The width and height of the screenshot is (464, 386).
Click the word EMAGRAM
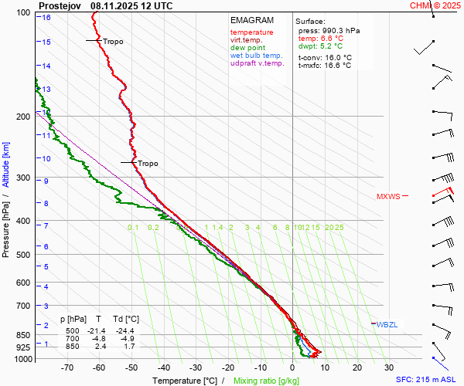[252, 20]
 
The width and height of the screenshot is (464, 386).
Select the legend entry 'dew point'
[247, 48]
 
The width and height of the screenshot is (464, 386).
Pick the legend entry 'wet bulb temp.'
[257, 56]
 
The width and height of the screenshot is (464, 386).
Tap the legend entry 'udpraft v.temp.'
[257, 63]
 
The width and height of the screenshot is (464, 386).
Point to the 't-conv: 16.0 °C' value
[325, 58]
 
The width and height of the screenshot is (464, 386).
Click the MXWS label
[388, 197]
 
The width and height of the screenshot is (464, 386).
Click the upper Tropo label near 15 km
[113, 42]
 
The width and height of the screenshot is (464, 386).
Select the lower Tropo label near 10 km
[148, 164]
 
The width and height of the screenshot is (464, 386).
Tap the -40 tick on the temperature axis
[163, 367]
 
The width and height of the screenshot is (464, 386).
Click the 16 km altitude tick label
[46, 17]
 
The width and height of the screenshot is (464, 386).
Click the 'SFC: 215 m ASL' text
[427, 380]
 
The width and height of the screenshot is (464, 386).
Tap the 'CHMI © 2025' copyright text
[435, 5]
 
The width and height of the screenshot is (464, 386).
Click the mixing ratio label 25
[339, 228]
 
